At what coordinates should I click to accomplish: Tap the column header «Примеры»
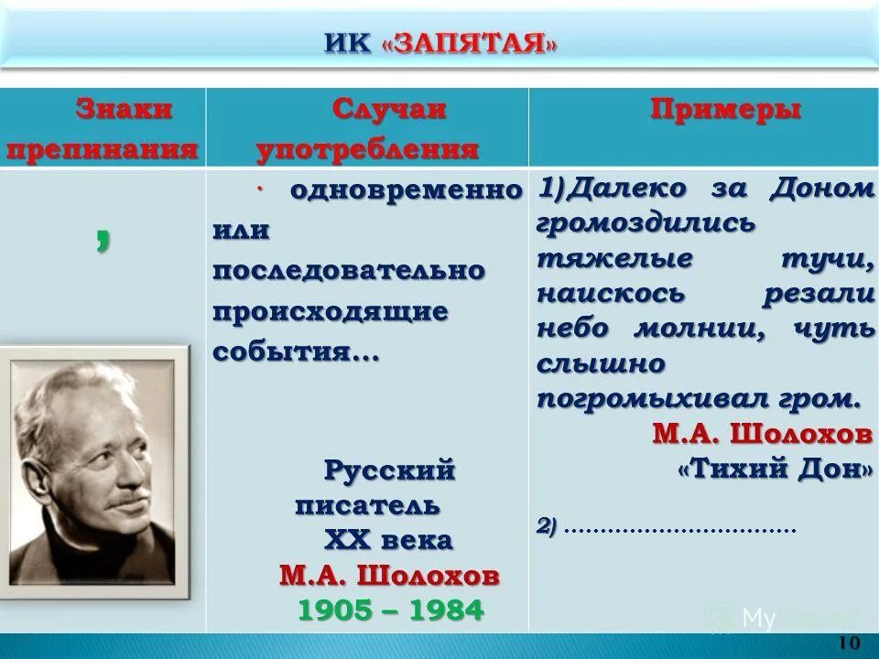point(726,110)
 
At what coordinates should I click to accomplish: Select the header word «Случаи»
point(388,110)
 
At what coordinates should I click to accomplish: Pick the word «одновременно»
point(406,191)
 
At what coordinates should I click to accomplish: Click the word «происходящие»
point(331,312)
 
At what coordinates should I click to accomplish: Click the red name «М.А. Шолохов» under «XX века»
point(390,576)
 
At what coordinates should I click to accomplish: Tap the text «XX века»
point(388,540)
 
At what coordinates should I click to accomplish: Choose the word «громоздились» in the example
point(645,222)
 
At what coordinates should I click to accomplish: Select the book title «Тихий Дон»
point(775,469)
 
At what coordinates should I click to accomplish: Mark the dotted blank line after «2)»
point(681,528)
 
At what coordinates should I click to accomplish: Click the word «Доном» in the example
point(821,189)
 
